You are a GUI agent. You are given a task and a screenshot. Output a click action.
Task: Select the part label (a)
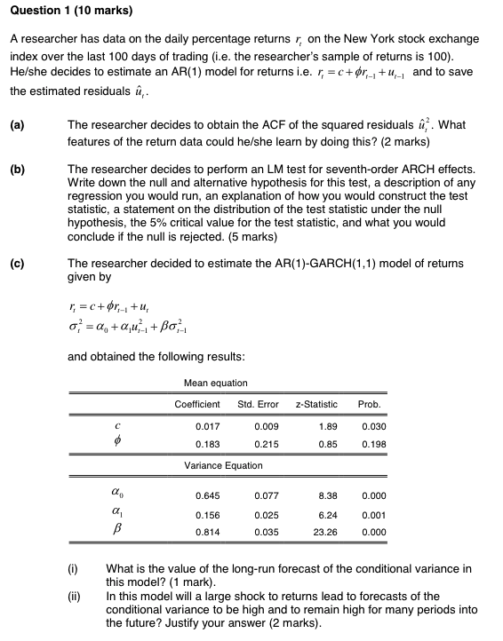(17, 125)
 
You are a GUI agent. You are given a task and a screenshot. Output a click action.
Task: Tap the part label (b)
(17, 169)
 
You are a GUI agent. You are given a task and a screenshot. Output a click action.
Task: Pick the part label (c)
(17, 264)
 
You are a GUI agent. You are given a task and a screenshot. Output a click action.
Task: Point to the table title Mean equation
(215, 384)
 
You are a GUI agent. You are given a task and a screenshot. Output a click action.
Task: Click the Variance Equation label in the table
(223, 465)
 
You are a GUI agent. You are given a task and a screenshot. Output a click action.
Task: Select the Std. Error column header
(259, 404)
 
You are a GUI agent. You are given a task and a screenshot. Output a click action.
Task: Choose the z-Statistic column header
(317, 404)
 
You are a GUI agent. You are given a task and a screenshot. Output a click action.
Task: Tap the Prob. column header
(369, 404)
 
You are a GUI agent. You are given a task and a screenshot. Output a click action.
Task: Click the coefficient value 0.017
(208, 426)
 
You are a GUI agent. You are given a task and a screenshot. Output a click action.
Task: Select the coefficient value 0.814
(208, 533)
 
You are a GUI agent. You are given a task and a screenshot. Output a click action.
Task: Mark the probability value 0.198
(374, 443)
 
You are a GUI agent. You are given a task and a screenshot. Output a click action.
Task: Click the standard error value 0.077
(267, 495)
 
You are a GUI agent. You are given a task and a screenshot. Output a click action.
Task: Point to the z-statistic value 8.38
(327, 495)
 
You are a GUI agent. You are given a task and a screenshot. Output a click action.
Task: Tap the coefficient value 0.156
(208, 514)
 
